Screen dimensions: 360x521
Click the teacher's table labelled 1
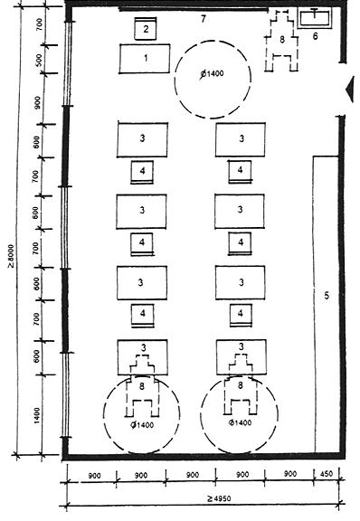tap(145, 59)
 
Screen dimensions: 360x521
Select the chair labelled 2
tap(146, 29)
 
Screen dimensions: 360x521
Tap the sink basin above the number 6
tap(315, 18)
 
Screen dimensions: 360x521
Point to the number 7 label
tap(204, 19)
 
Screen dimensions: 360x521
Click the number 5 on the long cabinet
tap(327, 295)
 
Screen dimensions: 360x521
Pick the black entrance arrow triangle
tap(350, 89)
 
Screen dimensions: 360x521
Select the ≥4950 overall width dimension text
tap(219, 498)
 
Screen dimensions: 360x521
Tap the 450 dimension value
tap(326, 473)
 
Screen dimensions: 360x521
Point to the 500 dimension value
tap(39, 60)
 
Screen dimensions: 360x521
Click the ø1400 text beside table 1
tap(212, 74)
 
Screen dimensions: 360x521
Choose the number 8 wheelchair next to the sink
tap(282, 40)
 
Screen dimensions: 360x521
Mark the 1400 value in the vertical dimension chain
tap(37, 415)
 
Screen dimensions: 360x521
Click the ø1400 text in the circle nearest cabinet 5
tap(240, 422)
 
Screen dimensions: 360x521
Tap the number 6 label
tap(315, 36)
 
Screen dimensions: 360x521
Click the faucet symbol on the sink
tap(314, 14)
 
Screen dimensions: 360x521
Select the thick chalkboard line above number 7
tap(194, 9)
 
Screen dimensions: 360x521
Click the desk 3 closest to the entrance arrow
tap(241, 139)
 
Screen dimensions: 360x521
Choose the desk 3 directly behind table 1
tap(142, 139)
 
